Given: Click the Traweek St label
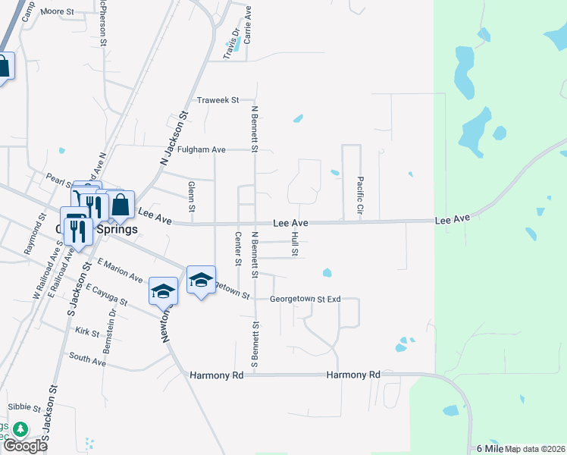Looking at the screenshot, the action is [218, 100].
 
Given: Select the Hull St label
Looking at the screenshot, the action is [294, 243].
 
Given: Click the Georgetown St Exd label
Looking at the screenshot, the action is [307, 300].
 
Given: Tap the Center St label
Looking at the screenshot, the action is [238, 249].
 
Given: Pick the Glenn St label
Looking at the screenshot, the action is [192, 196].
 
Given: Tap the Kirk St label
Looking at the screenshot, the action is [87, 332].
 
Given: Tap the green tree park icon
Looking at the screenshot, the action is [20, 429].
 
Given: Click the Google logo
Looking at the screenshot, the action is [25, 445].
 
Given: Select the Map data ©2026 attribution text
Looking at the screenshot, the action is [535, 449].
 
